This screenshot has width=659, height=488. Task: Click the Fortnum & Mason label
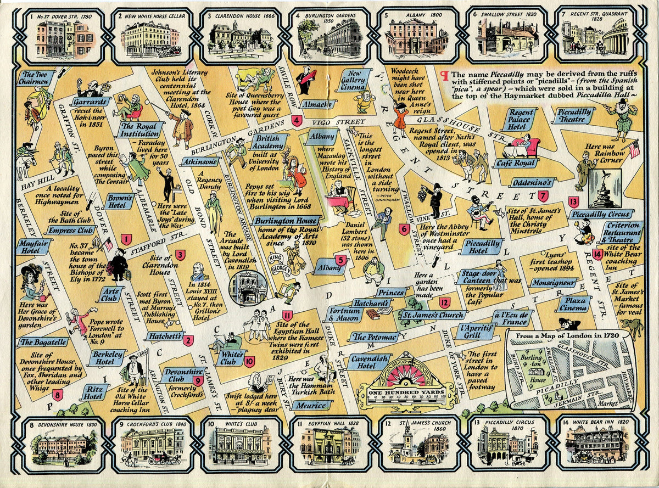click(x=344, y=313)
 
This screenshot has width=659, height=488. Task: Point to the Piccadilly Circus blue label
click(x=600, y=214)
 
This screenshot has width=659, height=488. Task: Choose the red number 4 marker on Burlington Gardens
click(x=297, y=121)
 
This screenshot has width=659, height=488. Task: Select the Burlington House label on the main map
click(x=278, y=221)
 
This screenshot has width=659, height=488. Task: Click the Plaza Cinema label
click(x=574, y=304)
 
